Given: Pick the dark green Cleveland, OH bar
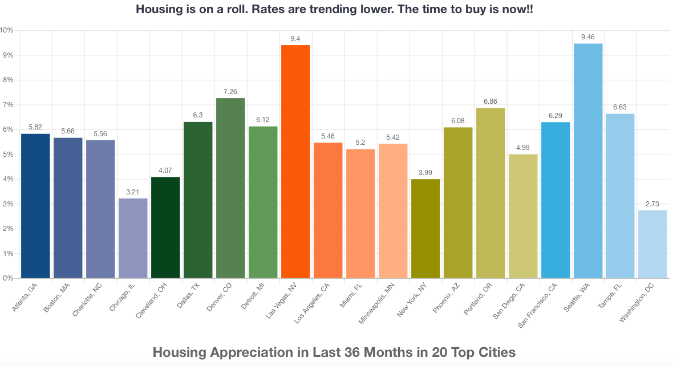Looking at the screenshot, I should coord(165,227).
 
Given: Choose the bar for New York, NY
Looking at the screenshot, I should coord(425,229).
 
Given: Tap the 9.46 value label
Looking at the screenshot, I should coord(588,37).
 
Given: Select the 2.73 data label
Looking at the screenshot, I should coord(653,204).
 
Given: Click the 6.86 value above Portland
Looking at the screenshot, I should coord(490,101).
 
